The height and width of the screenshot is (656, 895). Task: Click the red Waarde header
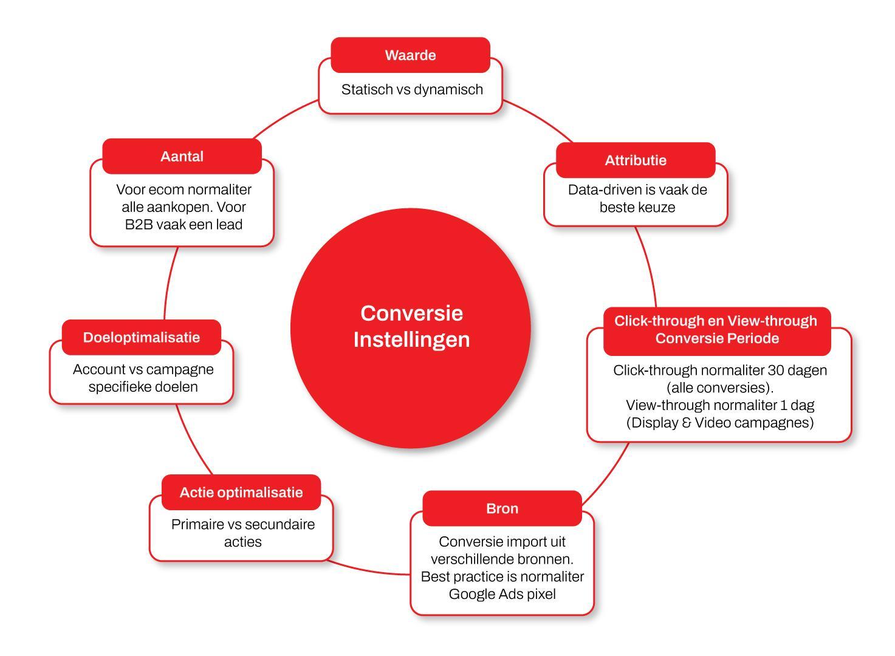(x=410, y=55)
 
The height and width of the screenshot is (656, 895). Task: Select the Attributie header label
(x=636, y=160)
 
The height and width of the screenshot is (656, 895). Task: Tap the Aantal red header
(x=182, y=156)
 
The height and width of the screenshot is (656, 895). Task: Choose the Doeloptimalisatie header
(x=142, y=337)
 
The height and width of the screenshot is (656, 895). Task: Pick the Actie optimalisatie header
(x=241, y=492)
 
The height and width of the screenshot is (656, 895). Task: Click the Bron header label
(x=502, y=508)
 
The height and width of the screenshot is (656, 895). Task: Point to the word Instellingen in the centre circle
(x=411, y=340)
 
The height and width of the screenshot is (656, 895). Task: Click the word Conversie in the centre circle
(x=411, y=313)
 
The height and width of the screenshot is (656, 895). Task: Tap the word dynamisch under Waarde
(x=448, y=90)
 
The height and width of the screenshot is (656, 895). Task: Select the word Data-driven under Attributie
(x=605, y=190)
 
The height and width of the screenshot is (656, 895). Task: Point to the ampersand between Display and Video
(x=687, y=423)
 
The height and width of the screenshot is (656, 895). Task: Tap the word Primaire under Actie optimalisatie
(x=194, y=524)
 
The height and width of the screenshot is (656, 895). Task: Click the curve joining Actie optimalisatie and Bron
(x=368, y=570)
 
